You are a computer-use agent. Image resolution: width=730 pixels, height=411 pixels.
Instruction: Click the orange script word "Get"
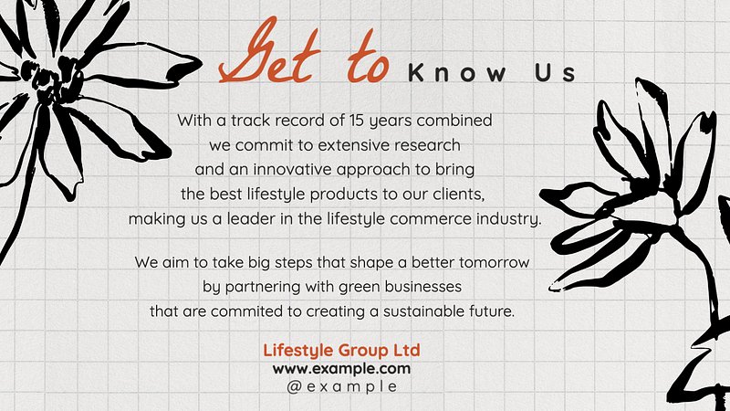[269, 50]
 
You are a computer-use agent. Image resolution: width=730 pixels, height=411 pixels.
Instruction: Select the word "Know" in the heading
[457, 73]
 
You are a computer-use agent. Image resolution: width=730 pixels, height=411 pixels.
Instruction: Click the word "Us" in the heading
[555, 73]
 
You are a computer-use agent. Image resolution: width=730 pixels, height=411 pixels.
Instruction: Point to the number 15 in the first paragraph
[357, 121]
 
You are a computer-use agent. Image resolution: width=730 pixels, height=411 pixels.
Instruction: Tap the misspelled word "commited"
[246, 311]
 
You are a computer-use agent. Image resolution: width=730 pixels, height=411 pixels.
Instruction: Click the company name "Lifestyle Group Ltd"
[341, 351]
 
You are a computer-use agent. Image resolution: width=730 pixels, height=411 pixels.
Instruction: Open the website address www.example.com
[341, 369]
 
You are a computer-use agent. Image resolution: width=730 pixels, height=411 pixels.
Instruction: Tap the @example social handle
[341, 386]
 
